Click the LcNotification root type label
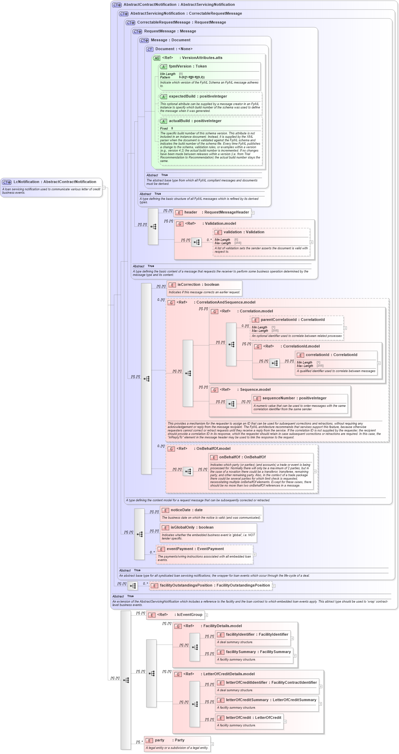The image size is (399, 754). coord(55,182)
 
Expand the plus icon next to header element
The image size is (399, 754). coord(253,213)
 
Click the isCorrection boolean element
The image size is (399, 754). coord(198,285)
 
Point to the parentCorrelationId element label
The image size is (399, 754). coord(292,320)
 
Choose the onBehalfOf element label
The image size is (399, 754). coord(242,457)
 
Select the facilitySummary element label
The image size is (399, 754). coord(258,652)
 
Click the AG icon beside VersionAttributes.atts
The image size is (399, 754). coord(157,58)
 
